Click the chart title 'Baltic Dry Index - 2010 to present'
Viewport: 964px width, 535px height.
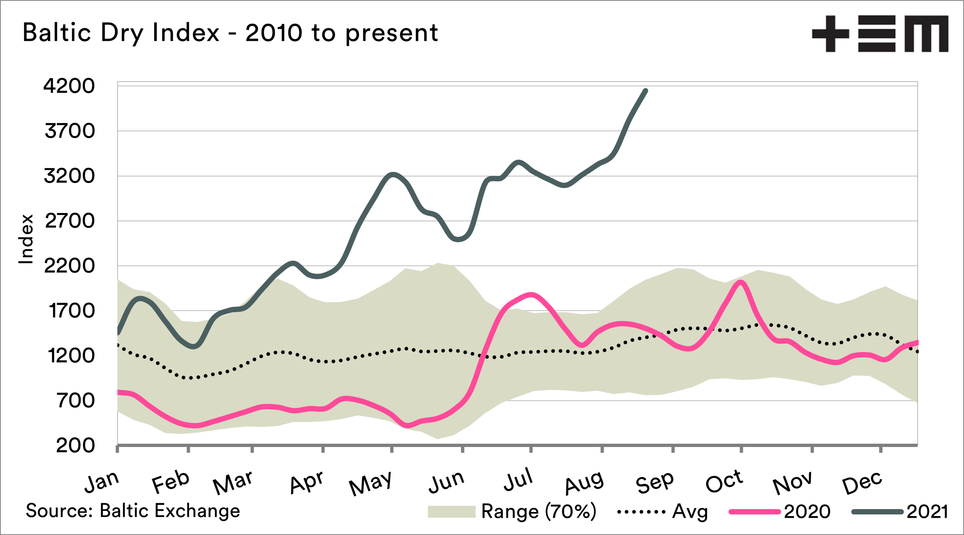230,33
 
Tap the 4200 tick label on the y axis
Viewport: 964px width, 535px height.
69,86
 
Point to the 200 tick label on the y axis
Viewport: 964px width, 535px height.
75,445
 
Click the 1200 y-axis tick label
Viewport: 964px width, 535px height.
71,356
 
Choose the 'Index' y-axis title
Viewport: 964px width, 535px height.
26,239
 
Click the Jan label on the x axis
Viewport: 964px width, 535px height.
102,482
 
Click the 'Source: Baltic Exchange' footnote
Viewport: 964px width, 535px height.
133,511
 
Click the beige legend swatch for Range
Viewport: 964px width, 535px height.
451,512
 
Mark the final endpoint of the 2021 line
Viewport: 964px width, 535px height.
646,90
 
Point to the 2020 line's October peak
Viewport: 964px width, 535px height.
741,283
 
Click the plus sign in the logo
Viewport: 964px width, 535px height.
831,34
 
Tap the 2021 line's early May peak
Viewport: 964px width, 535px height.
393,174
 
